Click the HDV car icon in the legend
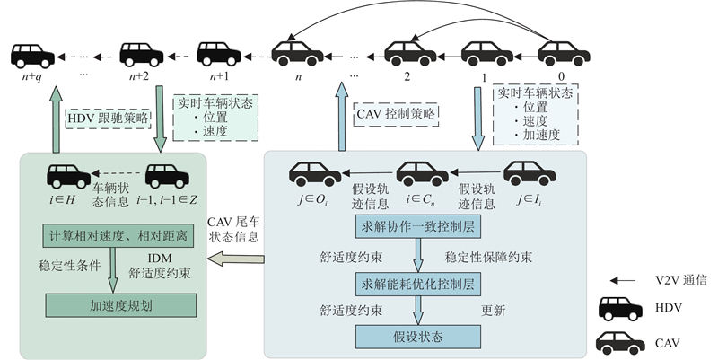[620, 310]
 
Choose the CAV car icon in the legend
[620, 341]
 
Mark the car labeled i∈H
[68, 174]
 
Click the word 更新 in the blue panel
[494, 310]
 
